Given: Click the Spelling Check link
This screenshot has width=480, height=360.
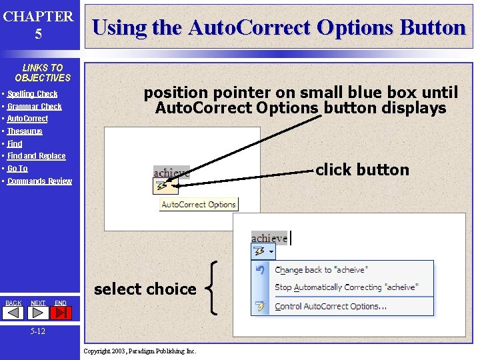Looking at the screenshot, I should (x=32, y=94).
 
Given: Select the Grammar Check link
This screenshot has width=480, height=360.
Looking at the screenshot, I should (x=34, y=107).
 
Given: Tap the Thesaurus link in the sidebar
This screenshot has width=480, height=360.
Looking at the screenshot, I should (x=25, y=131).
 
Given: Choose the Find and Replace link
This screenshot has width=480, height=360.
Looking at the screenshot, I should (x=36, y=156).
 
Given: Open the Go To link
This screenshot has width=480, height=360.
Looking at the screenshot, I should (x=17, y=169).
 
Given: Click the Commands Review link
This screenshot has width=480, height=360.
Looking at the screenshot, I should (x=39, y=181).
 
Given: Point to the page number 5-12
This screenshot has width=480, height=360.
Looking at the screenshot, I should (x=38, y=331).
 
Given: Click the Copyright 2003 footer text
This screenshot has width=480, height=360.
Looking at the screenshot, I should (x=140, y=351).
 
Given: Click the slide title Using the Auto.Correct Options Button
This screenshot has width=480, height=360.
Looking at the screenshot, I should (x=279, y=27).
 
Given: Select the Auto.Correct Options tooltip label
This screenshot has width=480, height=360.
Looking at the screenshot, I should (x=199, y=205).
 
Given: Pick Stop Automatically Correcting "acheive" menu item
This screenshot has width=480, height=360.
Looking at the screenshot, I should (x=345, y=287).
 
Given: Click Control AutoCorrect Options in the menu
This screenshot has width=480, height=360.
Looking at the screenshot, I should (x=330, y=307).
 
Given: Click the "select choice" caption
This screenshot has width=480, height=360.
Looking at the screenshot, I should (x=145, y=289).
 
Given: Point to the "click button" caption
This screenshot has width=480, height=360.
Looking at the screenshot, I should (x=362, y=170).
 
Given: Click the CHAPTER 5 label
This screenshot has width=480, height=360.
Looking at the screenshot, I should (x=38, y=25).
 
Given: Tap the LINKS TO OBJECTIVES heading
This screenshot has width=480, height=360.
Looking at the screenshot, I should (x=42, y=73).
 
